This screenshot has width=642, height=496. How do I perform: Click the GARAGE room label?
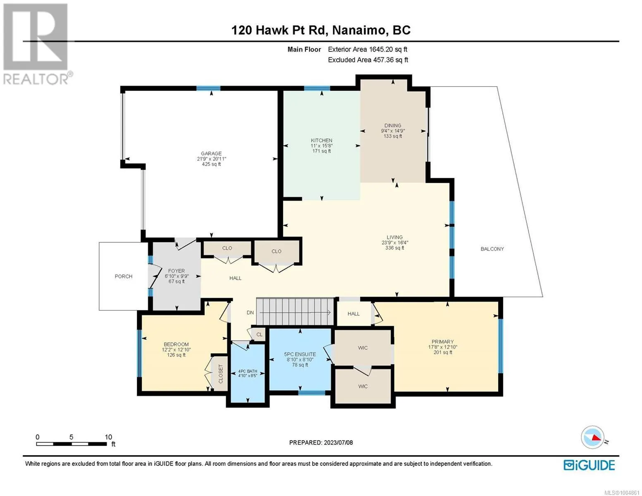211,153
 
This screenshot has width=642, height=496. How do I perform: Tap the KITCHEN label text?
322,140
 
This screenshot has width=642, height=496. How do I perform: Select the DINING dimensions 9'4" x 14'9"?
393,131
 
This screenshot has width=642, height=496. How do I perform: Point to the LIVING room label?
394,237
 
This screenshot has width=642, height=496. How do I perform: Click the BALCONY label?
492,249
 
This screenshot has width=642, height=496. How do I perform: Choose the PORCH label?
124,277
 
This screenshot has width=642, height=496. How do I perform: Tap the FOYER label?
177,271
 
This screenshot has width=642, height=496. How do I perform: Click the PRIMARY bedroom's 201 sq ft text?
443,353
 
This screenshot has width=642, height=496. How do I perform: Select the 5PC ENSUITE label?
300,354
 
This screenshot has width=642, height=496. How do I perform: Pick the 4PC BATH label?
248,371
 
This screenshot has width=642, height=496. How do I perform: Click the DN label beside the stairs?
250,312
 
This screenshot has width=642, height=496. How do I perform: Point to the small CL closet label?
259,335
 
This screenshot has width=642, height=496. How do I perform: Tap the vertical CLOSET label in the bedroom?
220,374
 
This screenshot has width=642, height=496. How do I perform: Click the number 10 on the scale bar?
108,437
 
